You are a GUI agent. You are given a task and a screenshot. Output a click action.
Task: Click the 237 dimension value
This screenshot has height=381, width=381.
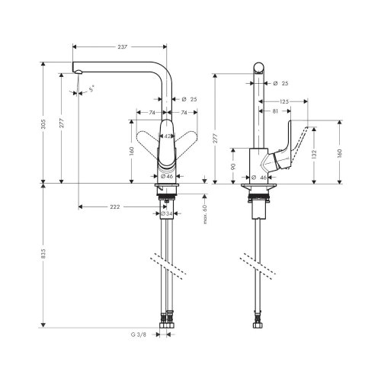(123, 46)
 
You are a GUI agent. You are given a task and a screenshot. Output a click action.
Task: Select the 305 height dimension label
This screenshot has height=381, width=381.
(43, 124)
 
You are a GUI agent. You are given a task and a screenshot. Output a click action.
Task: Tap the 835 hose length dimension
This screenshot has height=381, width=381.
(43, 254)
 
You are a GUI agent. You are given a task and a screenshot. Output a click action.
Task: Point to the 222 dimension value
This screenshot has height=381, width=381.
(115, 207)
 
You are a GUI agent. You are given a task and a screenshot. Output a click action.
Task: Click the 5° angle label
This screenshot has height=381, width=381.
(92, 88)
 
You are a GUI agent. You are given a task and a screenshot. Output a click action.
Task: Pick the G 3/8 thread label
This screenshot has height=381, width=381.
(139, 335)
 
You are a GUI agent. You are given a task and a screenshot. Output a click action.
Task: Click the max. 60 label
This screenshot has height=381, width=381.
(205, 215)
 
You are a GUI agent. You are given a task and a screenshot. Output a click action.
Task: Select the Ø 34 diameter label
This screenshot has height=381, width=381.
(167, 213)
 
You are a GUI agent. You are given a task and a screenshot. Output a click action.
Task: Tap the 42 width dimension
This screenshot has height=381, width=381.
(168, 136)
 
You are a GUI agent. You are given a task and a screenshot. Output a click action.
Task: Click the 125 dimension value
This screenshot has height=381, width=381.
(284, 101)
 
